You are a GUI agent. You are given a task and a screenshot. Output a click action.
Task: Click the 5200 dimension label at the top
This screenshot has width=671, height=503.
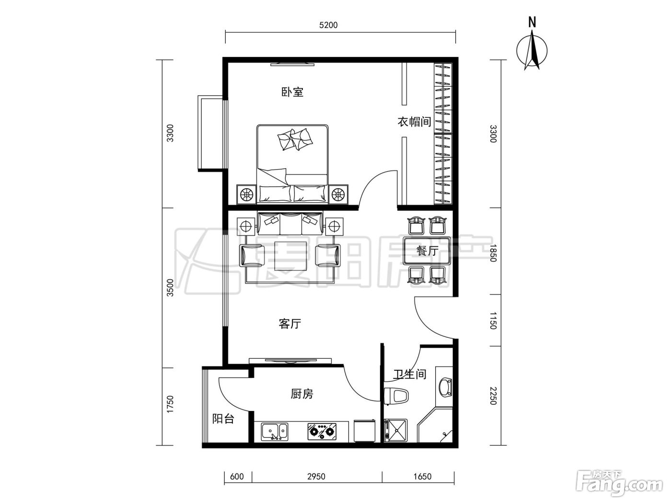point(328,25)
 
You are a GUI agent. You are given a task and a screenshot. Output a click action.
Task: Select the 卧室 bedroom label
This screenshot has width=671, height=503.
point(292,92)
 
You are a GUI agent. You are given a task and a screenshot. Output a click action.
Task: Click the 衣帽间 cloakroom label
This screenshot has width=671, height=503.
point(414,122)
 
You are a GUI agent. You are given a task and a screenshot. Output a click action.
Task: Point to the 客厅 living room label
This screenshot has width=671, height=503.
point(290,324)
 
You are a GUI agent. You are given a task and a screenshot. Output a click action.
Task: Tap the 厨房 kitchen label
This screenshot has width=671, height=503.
point(302,394)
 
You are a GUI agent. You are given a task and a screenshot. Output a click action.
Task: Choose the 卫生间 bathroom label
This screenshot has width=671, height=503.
point(410,374)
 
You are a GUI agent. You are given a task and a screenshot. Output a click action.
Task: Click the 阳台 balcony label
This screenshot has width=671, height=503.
point(223,419)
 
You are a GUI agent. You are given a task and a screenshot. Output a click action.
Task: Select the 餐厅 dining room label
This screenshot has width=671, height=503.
point(427,251)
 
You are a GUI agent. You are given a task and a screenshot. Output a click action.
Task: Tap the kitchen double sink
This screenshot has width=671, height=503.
point(274,432)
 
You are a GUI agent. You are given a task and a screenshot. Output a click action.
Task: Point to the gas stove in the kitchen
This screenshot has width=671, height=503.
point(322,432)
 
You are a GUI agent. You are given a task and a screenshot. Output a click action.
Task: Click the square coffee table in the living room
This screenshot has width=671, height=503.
point(290,256)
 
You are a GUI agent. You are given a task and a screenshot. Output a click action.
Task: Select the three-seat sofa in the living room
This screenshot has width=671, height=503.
point(290,223)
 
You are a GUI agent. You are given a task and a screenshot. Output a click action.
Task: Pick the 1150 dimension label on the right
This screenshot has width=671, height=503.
point(493,320)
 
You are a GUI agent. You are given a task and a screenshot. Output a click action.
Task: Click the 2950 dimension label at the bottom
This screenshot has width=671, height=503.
point(316,477)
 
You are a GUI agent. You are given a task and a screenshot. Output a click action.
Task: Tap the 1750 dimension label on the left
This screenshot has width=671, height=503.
point(170,405)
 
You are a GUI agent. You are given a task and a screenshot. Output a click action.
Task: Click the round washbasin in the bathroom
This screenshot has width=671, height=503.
point(445,388)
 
